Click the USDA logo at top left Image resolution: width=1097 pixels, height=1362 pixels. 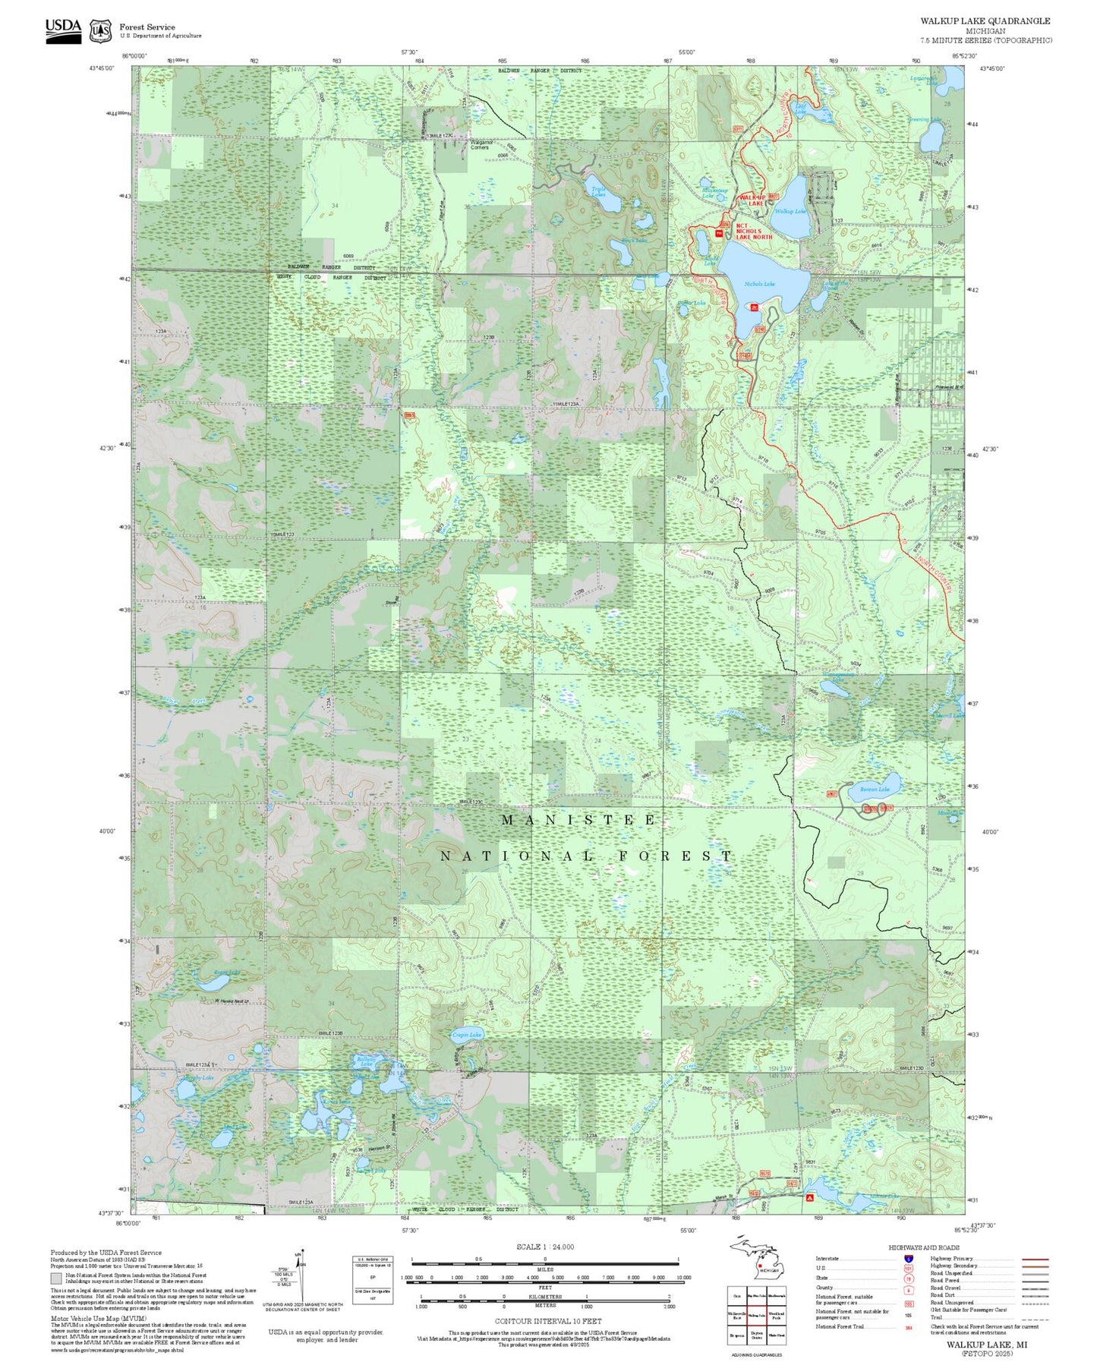(63, 29)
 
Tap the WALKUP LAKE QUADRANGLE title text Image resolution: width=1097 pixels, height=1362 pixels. (985, 20)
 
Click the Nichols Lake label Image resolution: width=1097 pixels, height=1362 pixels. (759, 284)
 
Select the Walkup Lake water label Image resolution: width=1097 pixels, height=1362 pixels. (789, 211)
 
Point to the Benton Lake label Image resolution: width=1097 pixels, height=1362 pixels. (874, 790)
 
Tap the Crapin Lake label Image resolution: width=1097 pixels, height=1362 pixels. (466, 1035)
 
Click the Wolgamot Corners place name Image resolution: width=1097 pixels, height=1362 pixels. (480, 144)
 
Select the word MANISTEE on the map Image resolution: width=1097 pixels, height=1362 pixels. (578, 820)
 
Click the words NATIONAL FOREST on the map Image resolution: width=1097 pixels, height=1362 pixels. (586, 856)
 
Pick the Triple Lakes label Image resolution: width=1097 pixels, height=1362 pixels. (598, 192)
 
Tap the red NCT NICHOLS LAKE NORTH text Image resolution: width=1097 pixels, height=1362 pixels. (753, 232)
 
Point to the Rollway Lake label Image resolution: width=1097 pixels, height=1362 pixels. (367, 1061)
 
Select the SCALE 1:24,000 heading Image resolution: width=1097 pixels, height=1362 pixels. (544, 1247)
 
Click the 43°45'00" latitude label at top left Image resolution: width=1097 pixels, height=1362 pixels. (101, 68)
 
